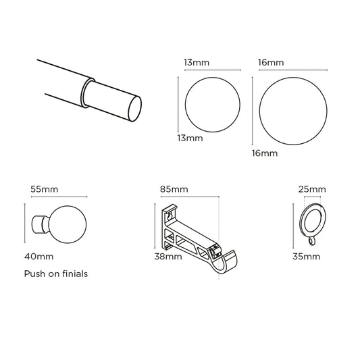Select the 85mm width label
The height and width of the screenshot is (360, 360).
174,188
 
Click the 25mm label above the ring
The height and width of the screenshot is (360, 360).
311,188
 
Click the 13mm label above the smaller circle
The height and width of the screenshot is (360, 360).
195,63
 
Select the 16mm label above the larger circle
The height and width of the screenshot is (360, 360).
270,63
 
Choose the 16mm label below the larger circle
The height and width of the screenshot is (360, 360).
264,153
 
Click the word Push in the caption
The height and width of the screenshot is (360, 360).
34,274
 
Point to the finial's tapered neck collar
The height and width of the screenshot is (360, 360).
41,224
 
